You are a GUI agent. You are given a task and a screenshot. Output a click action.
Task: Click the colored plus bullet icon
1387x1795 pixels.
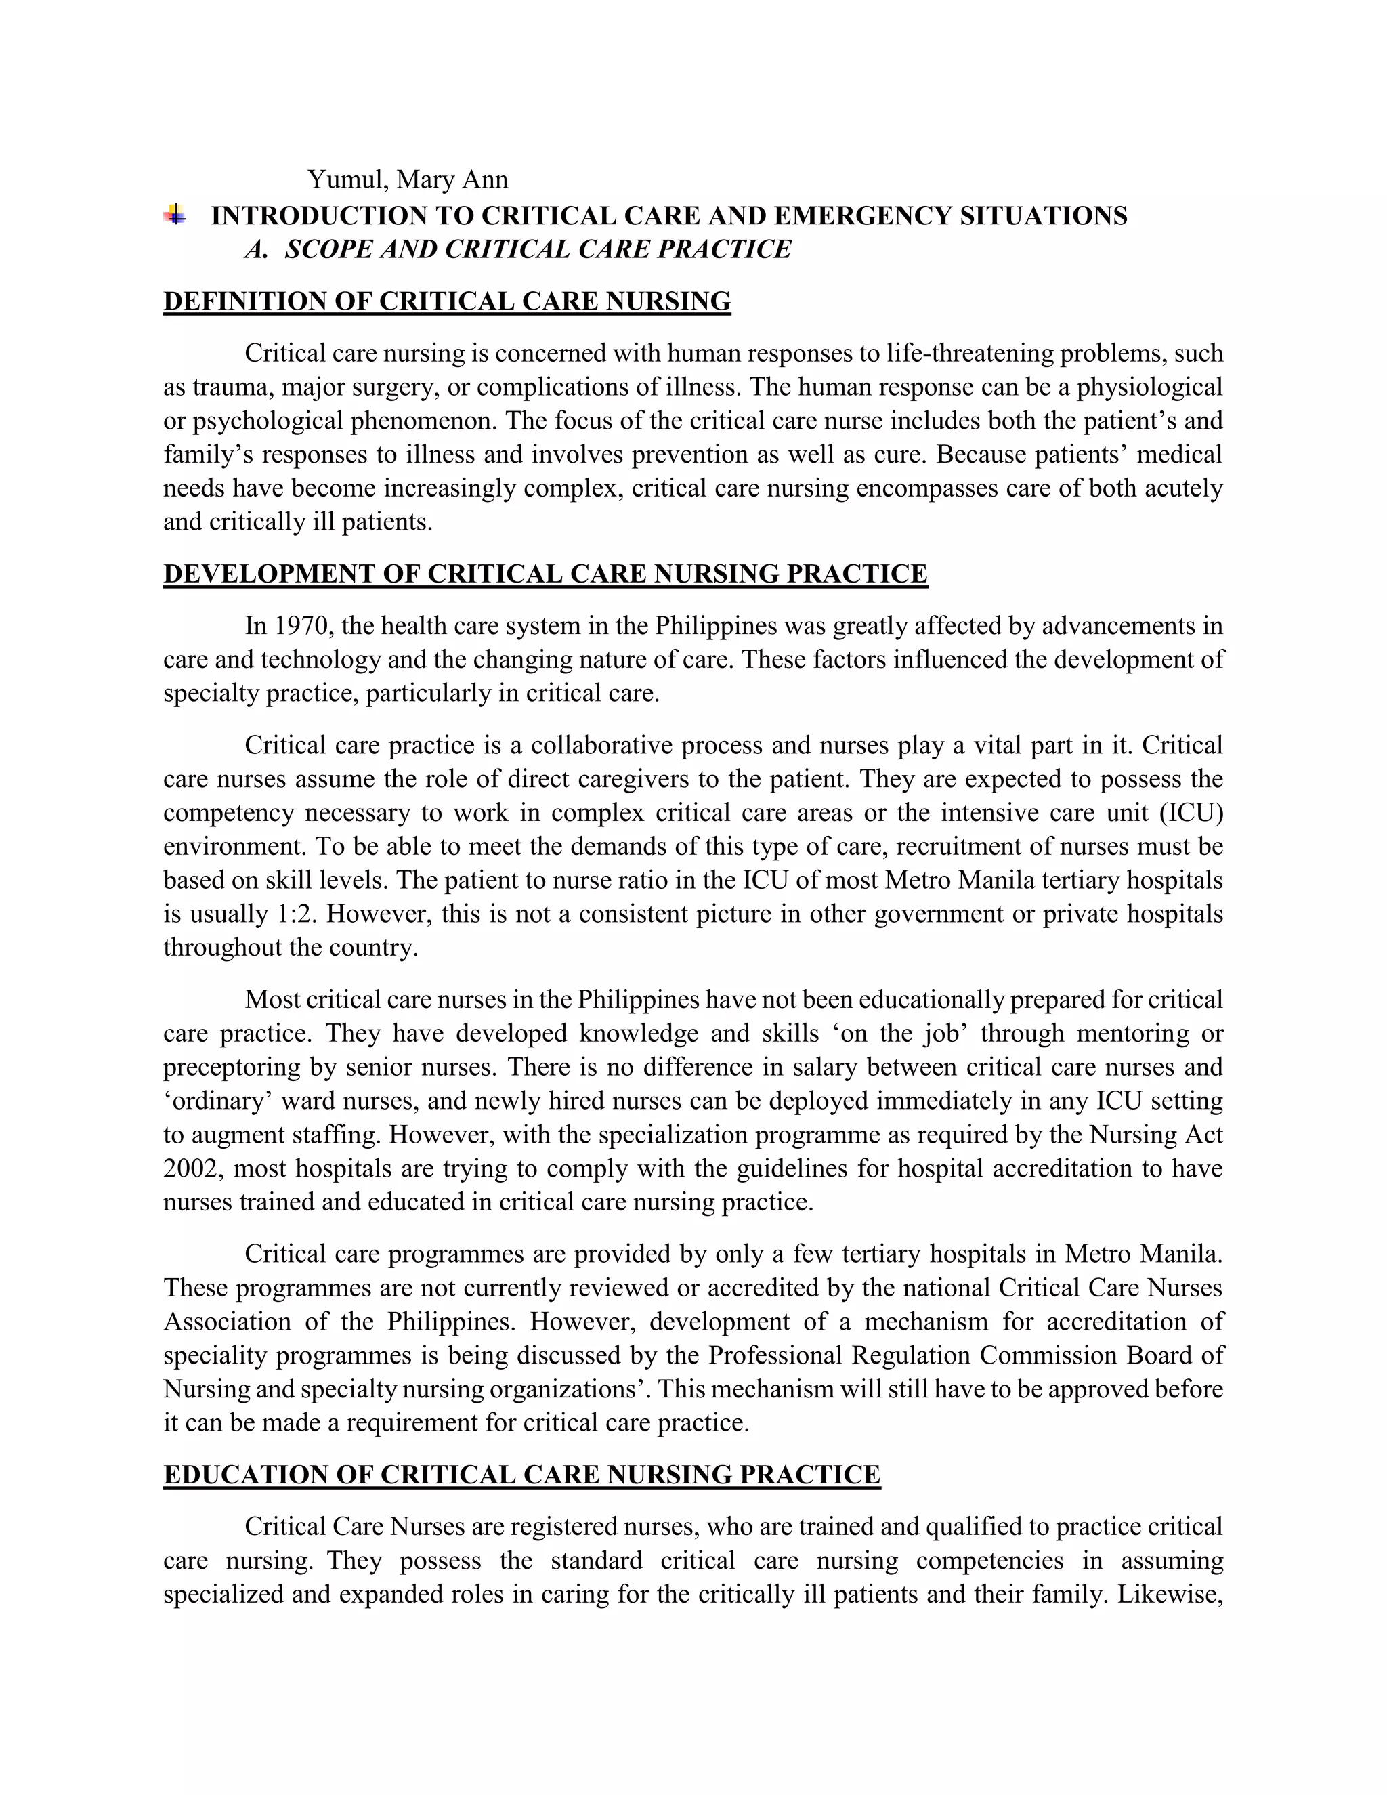(x=174, y=215)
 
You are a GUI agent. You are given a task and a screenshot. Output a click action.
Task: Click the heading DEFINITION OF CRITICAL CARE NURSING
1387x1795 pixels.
(x=447, y=301)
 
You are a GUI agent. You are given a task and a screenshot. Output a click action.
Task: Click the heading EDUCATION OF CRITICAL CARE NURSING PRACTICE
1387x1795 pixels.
(x=521, y=1475)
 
